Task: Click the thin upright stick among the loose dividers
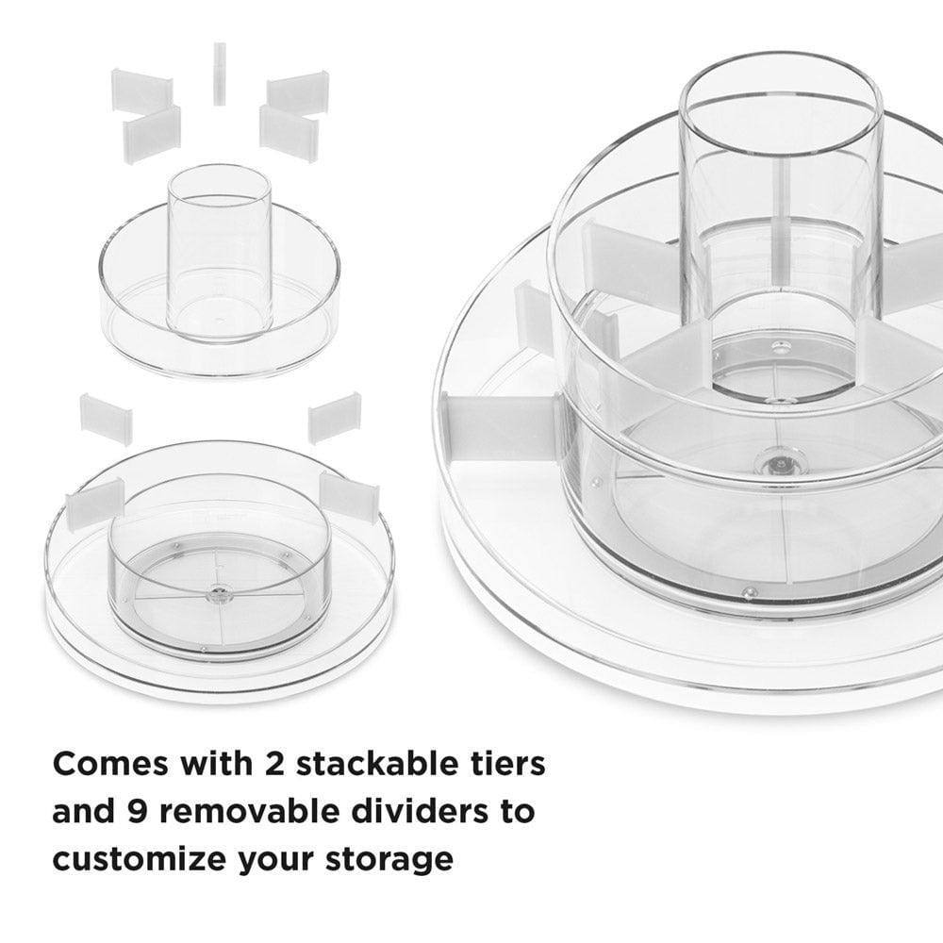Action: pos(219,74)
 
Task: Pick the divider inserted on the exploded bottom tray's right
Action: pos(349,496)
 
